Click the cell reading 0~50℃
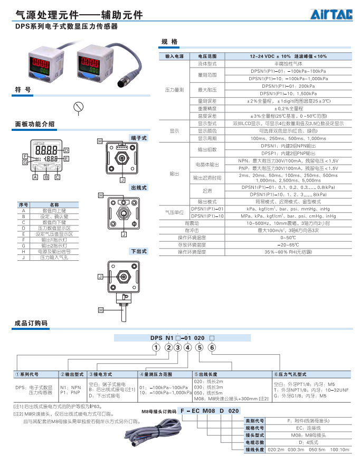tap(273, 238)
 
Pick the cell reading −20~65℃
tap(273, 245)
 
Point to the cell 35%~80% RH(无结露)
tap(273, 252)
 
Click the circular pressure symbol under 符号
tap(79, 107)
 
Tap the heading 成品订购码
tap(31, 323)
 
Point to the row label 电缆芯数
tap(254, 442)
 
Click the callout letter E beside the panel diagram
tap(67, 158)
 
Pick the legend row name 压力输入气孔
tap(54, 258)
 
